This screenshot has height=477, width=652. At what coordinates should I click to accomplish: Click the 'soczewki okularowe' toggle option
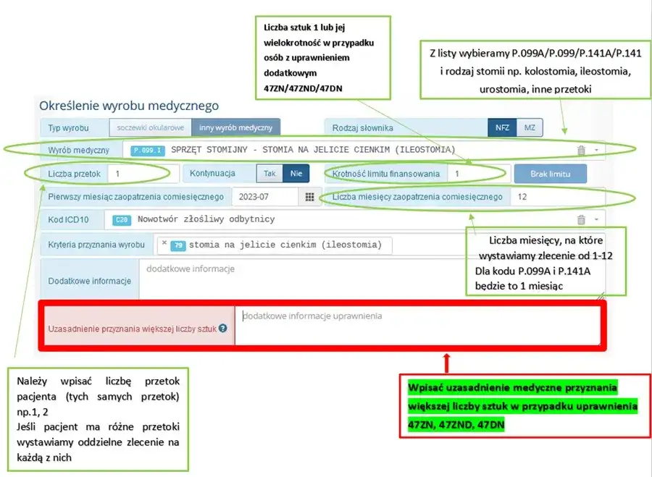point(150,127)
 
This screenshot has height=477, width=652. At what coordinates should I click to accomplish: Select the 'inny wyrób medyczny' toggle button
point(236,127)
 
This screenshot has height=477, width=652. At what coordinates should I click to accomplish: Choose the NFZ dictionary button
point(502,127)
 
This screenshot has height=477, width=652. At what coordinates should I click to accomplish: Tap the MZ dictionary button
point(530,127)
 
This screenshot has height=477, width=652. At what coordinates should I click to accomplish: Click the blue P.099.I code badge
point(148,151)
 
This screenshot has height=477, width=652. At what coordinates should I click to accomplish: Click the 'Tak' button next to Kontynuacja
point(269,174)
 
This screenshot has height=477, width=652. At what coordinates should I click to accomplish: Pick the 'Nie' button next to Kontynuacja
point(296,174)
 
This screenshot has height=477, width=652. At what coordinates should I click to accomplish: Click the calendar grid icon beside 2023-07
point(309,197)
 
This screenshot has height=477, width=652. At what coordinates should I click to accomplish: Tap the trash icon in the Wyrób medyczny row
point(581,151)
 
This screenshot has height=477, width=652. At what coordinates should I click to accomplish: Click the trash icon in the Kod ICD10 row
point(581,220)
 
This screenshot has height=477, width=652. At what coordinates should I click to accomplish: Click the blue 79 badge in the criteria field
point(177,245)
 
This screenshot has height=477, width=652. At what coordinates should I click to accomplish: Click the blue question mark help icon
point(222,328)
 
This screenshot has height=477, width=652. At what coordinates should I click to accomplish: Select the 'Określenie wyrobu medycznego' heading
point(129,106)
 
